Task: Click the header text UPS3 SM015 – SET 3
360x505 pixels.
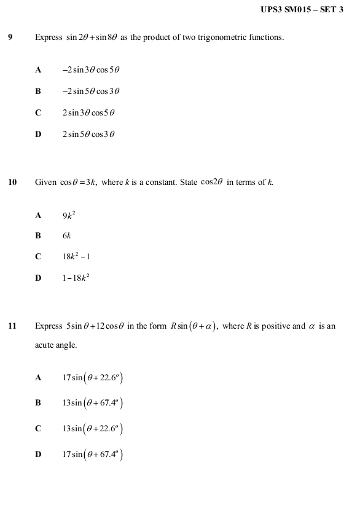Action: (302, 9)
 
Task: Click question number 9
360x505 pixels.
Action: (10, 37)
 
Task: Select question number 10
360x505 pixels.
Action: (12, 182)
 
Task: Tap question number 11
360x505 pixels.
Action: (12, 326)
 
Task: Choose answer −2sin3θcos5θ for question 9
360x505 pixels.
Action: (90, 70)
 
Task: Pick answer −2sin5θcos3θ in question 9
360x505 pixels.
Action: (90, 92)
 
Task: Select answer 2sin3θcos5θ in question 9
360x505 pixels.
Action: (88, 113)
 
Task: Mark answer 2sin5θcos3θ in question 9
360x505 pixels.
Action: (88, 135)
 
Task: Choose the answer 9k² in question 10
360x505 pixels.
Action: (69, 215)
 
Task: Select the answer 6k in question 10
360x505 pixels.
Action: (67, 236)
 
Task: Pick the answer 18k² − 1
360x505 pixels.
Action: (76, 257)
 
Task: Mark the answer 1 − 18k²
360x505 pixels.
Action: (76, 278)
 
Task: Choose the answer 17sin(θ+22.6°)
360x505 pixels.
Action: (93, 378)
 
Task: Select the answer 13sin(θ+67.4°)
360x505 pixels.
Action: (93, 404)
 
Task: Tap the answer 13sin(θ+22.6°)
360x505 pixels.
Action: (93, 429)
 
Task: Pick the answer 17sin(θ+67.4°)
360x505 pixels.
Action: (93, 455)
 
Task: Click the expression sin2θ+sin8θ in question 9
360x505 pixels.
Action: (92, 37)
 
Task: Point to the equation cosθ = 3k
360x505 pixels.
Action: (78, 182)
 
